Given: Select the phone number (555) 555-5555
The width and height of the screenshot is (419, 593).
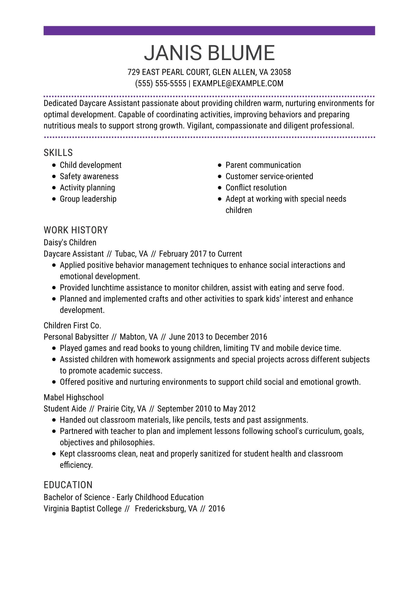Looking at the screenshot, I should point(160,83).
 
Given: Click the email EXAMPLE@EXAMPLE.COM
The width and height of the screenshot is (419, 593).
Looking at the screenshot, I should point(238,83).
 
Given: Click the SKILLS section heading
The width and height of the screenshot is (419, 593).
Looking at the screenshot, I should point(58,153).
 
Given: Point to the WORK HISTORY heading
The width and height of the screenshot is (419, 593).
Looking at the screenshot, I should point(76,230).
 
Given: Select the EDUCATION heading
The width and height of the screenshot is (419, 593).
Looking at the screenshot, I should point(68,485).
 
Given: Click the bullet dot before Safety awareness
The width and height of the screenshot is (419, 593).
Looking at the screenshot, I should point(54,177).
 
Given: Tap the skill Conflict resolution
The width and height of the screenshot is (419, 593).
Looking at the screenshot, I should point(256,188).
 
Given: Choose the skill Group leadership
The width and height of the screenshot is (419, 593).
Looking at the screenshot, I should point(88,199).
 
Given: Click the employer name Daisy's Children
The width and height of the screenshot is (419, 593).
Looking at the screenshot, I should point(70,243).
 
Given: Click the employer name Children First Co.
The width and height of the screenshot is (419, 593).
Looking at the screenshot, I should point(72,326).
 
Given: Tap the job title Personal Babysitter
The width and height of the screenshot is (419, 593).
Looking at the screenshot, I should point(76,337).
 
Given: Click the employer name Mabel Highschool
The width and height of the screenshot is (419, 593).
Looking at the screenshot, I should point(74,397).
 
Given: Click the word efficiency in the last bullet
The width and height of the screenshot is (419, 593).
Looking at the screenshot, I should point(76,465).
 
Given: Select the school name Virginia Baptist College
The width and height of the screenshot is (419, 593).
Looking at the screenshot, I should point(83,509).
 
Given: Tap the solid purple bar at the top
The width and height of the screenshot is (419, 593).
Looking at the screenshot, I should point(209,30).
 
